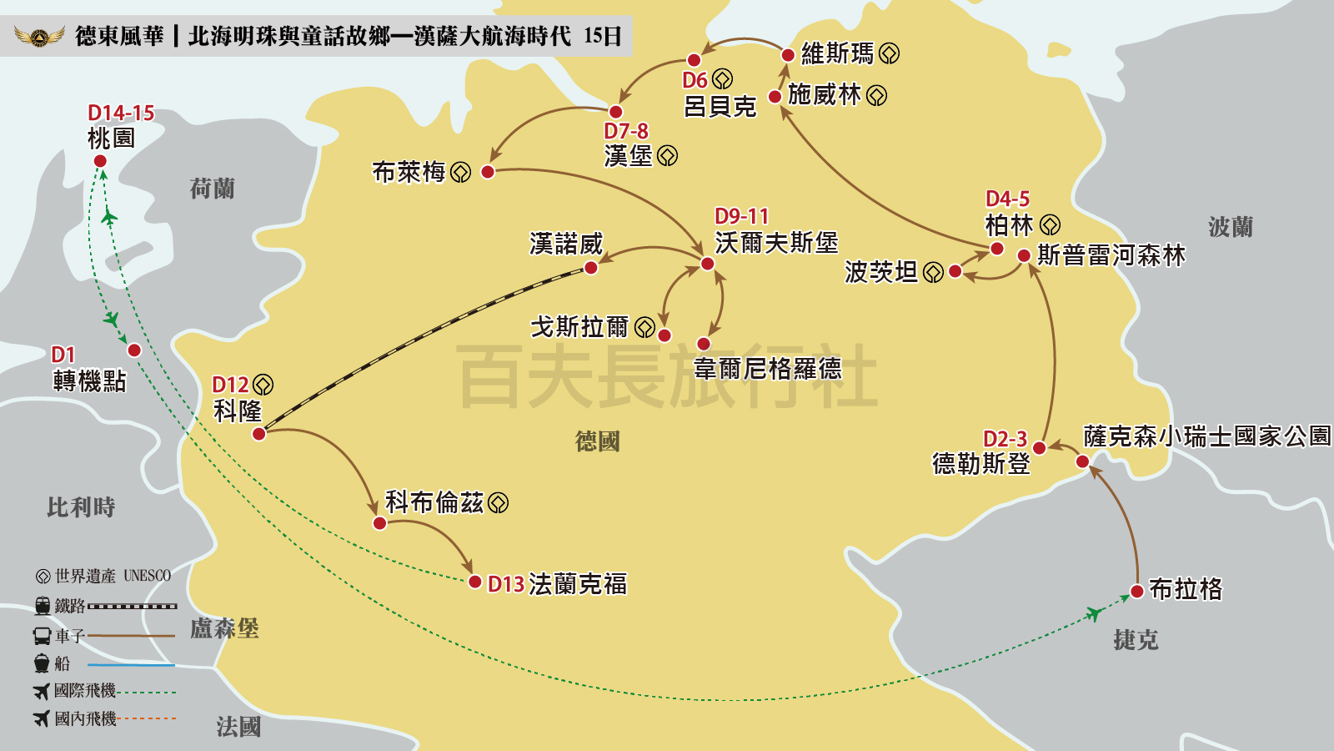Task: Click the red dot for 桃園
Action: (100, 161)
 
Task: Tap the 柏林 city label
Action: (1009, 225)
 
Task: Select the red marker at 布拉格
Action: (1136, 592)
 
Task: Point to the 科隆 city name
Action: (238, 411)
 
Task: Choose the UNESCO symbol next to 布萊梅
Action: (461, 173)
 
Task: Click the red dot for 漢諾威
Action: (591, 268)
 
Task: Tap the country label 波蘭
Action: (1231, 227)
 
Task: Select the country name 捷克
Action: (1136, 640)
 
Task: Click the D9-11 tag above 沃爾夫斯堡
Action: (741, 217)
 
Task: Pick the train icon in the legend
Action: (43, 606)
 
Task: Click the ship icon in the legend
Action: (43, 663)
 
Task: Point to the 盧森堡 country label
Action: (224, 628)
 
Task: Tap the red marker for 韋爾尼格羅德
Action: (704, 344)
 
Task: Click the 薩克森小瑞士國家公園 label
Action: (1206, 436)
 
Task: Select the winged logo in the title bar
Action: (39, 36)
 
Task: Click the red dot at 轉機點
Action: (134, 350)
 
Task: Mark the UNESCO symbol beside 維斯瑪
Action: (890, 54)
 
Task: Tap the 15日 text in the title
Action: (603, 36)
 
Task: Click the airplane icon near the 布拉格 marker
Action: (1095, 614)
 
